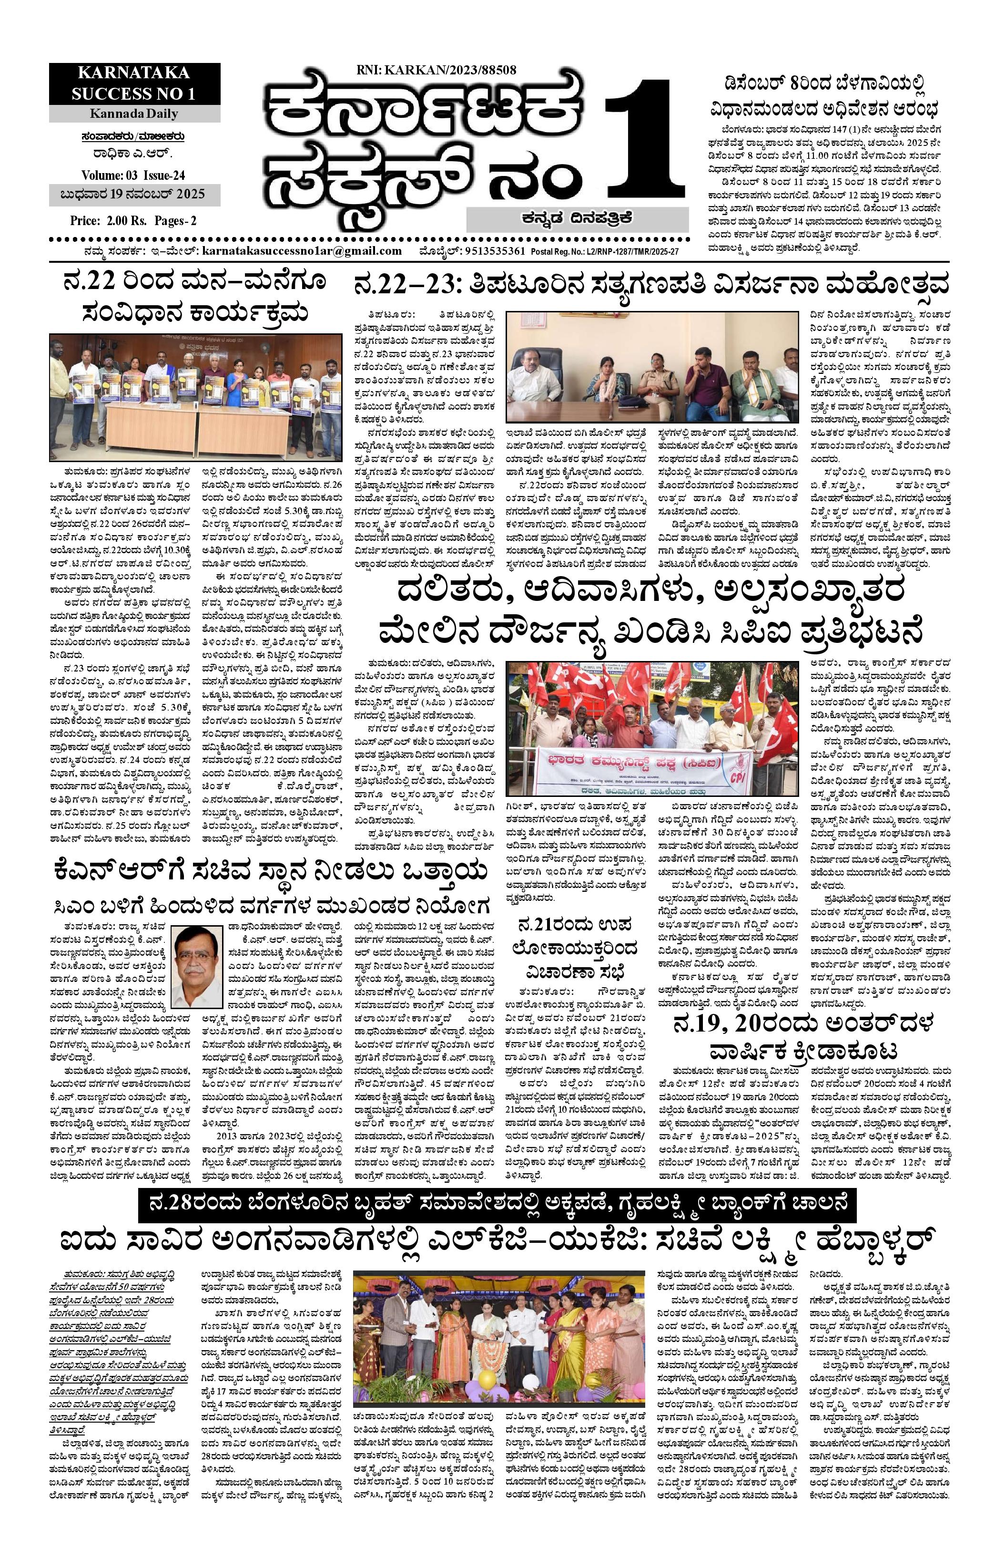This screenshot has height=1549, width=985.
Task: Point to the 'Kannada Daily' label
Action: tap(134, 114)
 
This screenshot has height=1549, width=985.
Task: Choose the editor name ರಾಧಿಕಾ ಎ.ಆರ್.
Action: tap(134, 155)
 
